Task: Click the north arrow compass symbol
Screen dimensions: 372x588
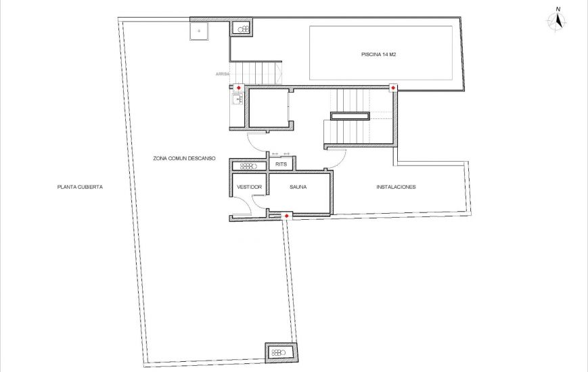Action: [x=558, y=20]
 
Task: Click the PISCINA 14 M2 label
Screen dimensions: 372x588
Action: [x=378, y=54]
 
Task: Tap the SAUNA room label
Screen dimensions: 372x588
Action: [x=298, y=187]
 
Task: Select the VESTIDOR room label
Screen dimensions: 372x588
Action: [x=248, y=187]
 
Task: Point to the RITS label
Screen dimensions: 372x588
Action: [x=281, y=164]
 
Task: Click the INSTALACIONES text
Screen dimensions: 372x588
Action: [x=396, y=187]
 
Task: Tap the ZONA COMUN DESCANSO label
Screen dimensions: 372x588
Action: [x=184, y=158]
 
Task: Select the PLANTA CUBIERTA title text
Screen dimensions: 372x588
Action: [x=80, y=187]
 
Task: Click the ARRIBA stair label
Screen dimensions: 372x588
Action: [x=223, y=74]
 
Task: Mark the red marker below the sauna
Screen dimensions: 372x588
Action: [x=288, y=216]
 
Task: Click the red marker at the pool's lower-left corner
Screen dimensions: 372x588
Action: [x=393, y=88]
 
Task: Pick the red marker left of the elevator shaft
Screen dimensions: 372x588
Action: [x=238, y=88]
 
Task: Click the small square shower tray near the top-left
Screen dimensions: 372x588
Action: [x=199, y=30]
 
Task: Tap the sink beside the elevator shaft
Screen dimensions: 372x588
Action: [x=237, y=100]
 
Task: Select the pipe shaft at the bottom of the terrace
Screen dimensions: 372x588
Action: [x=279, y=352]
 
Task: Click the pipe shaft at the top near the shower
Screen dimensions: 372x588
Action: [x=242, y=28]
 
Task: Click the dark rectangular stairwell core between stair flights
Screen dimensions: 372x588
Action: [x=350, y=116]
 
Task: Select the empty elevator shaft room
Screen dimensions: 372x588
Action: [x=268, y=108]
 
